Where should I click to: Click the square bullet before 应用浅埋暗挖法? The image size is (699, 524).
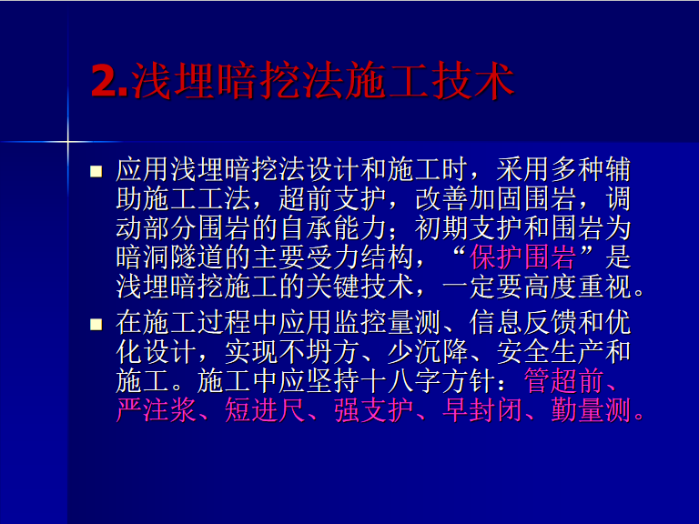(96, 172)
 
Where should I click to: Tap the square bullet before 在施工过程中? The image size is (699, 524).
(96, 324)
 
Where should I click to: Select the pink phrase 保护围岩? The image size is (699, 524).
(523, 257)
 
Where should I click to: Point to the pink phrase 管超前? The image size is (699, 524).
(563, 380)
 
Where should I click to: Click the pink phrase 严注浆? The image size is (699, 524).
(156, 409)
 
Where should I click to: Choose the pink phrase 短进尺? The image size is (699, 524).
(264, 409)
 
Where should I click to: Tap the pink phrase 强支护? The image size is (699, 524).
(373, 409)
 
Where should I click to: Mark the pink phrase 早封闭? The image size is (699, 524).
(482, 409)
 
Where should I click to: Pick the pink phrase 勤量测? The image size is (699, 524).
(591, 409)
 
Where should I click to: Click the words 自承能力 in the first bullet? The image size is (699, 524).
(333, 228)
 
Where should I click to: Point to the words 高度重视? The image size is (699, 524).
(578, 287)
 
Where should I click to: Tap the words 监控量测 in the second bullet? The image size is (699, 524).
(388, 323)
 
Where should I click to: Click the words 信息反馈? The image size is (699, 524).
(523, 323)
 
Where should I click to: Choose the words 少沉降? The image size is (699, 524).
(428, 351)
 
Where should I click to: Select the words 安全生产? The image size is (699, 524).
(550, 351)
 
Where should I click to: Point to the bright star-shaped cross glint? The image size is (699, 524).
(68, 142)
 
